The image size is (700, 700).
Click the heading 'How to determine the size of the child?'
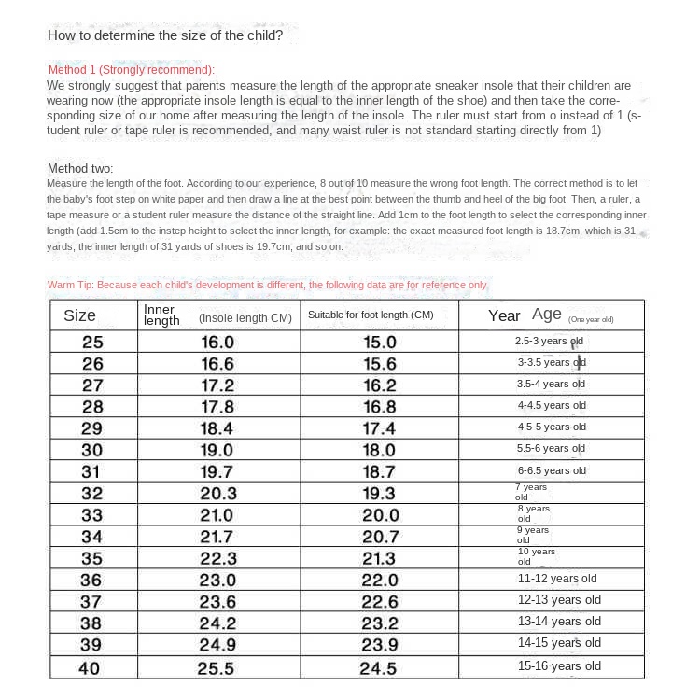[164, 36]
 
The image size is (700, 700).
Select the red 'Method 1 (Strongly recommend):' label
[131, 70]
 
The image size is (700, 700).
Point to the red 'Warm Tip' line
[267, 285]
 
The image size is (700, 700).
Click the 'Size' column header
[79, 315]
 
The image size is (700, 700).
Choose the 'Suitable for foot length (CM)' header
[371, 315]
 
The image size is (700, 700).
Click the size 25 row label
[93, 342]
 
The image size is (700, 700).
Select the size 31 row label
[91, 471]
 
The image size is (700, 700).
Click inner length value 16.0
[217, 342]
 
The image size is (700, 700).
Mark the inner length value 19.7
[217, 471]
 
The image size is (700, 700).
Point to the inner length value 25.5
[217, 668]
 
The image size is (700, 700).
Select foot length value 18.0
[379, 450]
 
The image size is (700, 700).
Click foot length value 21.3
[379, 558]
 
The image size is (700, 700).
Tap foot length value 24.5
[379, 668]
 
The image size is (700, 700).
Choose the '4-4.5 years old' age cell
[552, 405]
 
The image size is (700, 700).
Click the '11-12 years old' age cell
[557, 579]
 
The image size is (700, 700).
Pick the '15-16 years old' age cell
[559, 666]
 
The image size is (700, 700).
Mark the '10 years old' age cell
[536, 556]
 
